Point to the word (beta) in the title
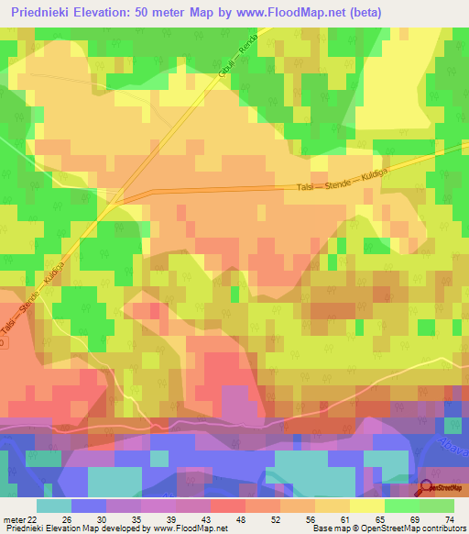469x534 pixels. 358,12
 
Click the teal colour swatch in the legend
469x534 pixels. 54,506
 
